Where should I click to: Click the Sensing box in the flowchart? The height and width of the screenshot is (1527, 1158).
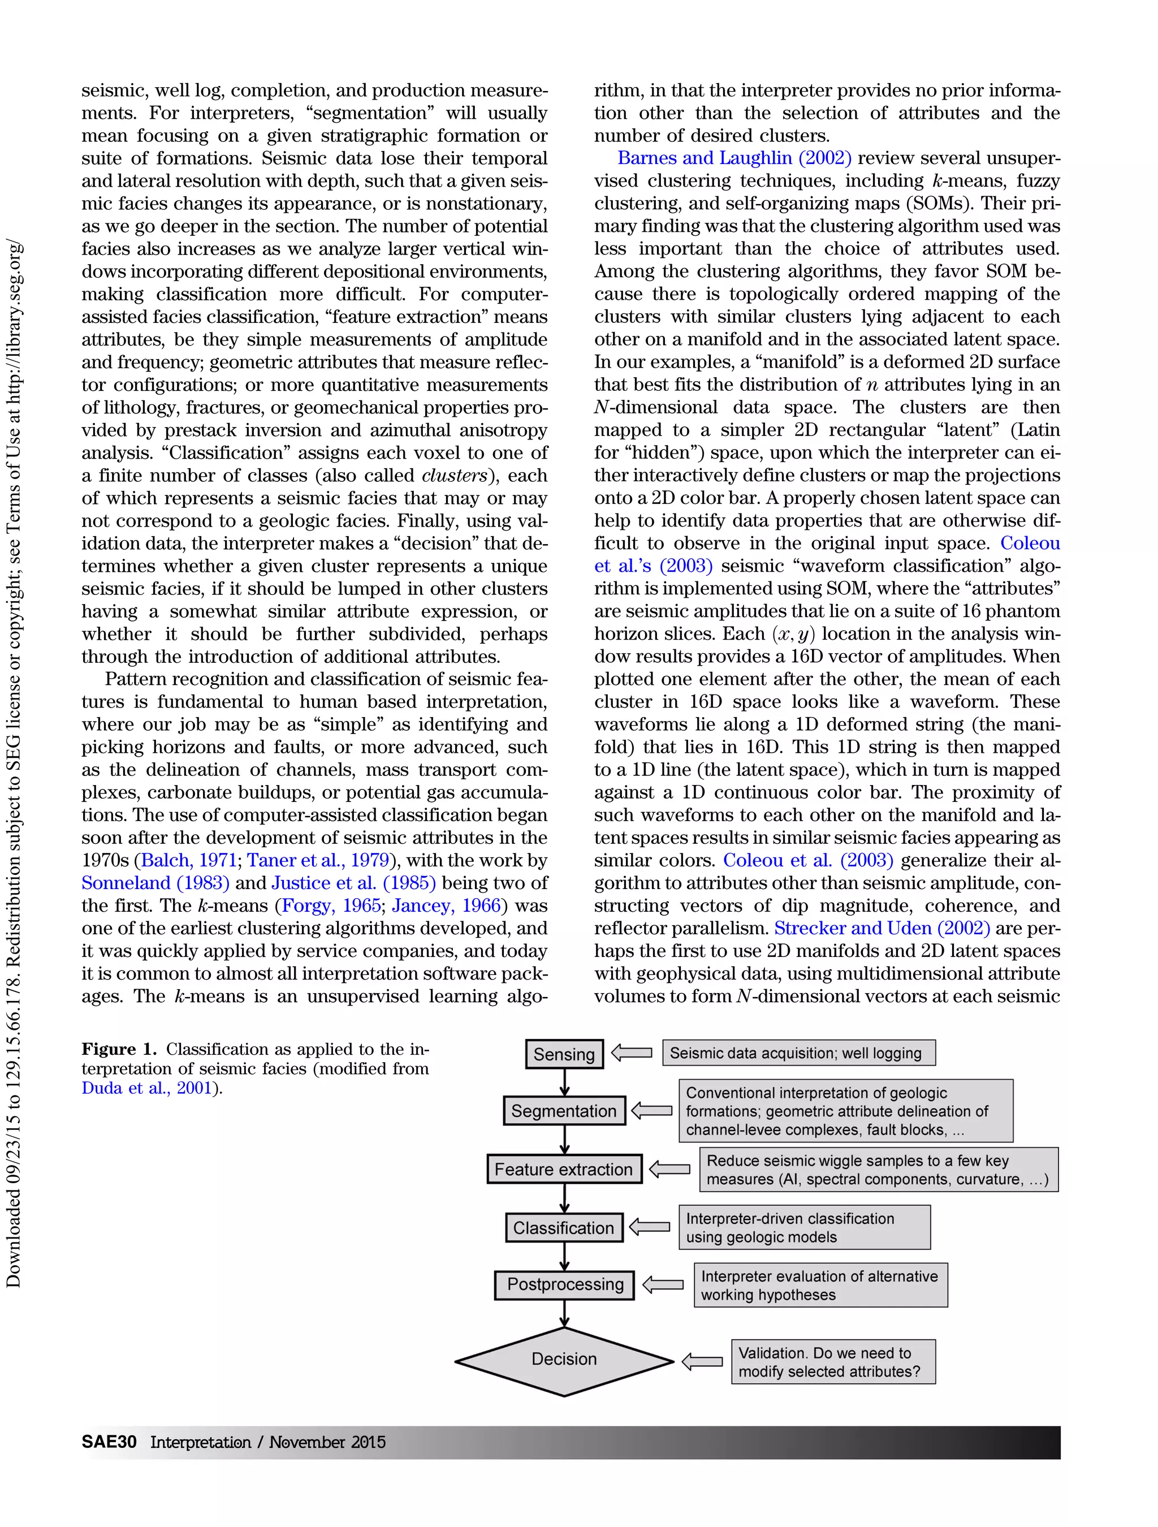pos(564,1054)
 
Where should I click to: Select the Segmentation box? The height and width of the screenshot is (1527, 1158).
pos(564,1111)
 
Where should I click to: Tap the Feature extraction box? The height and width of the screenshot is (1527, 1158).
pos(564,1170)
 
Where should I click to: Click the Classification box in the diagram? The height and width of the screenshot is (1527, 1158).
pos(564,1227)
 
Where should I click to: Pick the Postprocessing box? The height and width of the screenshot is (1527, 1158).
pos(564,1285)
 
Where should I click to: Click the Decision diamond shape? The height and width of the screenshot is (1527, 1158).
pos(564,1359)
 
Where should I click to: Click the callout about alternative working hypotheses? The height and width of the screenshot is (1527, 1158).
pos(820,1286)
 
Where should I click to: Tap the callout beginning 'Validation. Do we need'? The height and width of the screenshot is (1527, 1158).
pos(833,1362)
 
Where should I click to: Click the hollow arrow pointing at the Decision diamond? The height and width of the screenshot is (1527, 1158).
pos(702,1362)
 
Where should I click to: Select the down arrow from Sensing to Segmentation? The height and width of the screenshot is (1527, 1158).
pos(564,1082)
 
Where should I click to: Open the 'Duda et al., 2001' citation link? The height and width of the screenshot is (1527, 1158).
pos(146,1088)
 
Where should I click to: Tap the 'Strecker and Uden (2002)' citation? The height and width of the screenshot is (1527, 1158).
pos(882,929)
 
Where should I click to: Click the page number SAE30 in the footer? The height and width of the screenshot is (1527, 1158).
pos(109,1442)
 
